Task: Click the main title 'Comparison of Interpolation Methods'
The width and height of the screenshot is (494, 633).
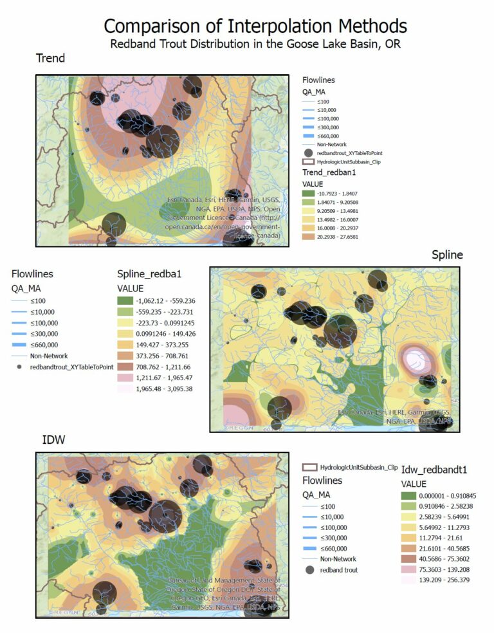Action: click(x=255, y=26)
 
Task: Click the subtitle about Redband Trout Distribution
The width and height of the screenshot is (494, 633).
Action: click(x=255, y=45)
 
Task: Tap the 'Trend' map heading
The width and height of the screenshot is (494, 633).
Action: click(x=50, y=59)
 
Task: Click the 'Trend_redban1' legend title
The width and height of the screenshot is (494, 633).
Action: click(x=329, y=172)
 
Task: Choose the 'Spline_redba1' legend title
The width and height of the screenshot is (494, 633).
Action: click(x=149, y=273)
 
